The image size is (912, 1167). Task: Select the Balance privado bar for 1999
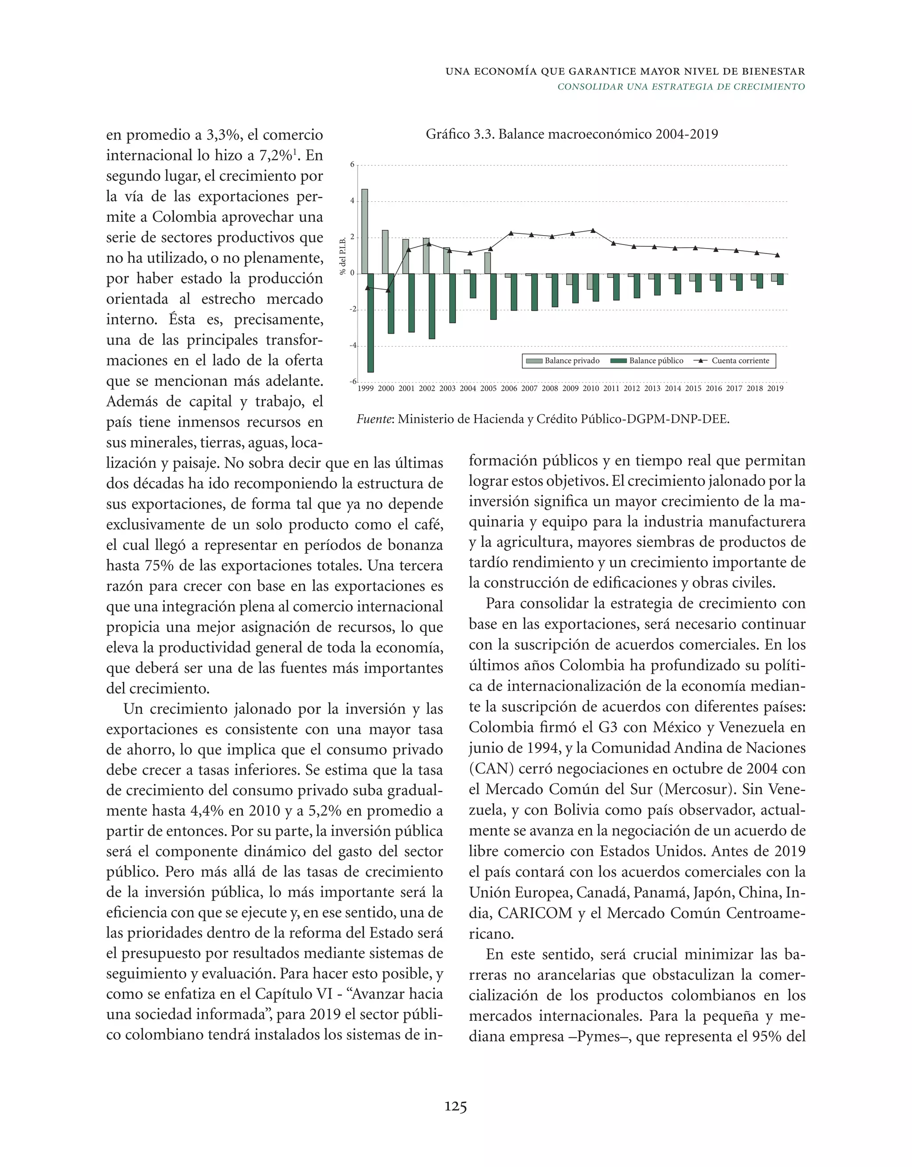pyautogui.click(x=364, y=231)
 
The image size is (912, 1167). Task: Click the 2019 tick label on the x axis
pyautogui.click(x=775, y=388)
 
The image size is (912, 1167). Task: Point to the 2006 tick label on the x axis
pyautogui.click(x=509, y=388)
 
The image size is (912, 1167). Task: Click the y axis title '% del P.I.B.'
pyautogui.click(x=343, y=256)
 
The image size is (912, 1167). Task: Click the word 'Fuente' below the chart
pyautogui.click(x=374, y=419)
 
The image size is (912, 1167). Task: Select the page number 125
pyautogui.click(x=456, y=1106)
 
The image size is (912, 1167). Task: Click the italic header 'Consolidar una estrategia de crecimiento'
pyautogui.click(x=681, y=86)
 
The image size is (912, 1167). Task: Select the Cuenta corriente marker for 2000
pyautogui.click(x=388, y=290)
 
